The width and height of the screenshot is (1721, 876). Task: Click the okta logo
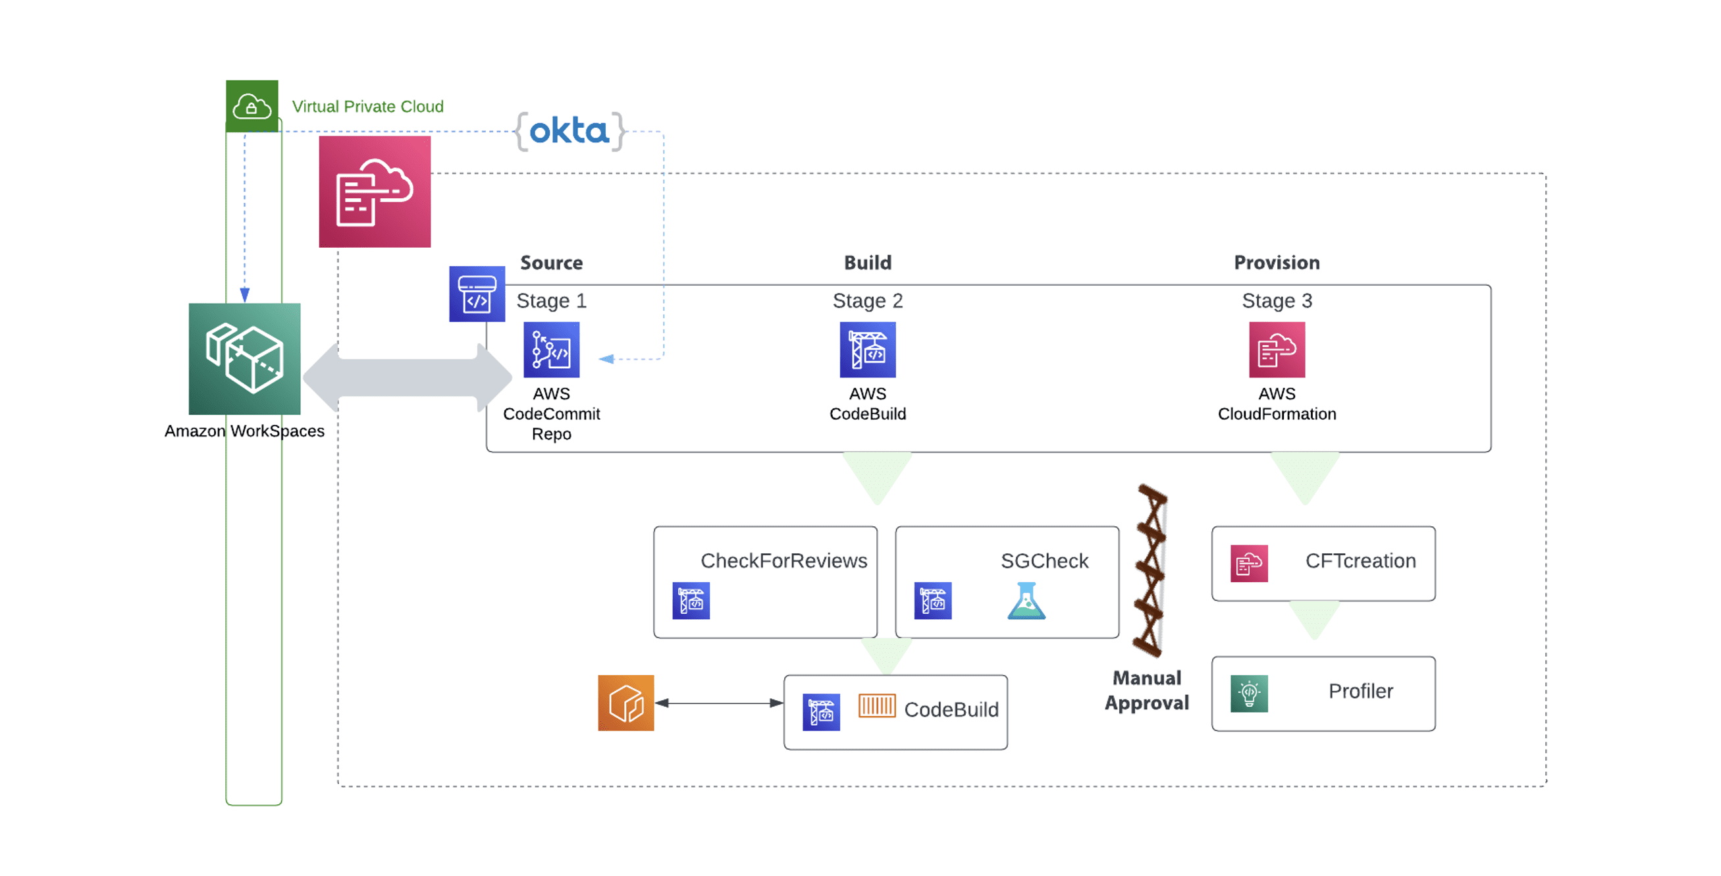click(x=569, y=131)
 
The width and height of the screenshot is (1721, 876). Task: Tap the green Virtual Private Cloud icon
click(x=252, y=106)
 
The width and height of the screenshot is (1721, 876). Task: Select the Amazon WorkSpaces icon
click(x=244, y=359)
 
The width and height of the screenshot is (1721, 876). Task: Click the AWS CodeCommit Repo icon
click(x=551, y=350)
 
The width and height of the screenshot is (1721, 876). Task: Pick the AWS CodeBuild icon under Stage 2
click(x=867, y=350)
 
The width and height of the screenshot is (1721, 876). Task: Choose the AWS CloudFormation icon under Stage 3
click(x=1276, y=350)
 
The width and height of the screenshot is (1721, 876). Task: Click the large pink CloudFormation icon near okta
click(x=375, y=192)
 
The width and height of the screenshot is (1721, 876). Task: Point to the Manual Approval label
click(x=1146, y=690)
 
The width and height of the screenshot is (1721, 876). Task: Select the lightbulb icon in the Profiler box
click(x=1249, y=694)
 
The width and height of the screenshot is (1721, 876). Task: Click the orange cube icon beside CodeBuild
click(x=625, y=702)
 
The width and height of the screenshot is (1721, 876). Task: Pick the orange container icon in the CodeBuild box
click(x=876, y=705)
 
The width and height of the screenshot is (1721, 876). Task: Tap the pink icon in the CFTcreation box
click(x=1249, y=563)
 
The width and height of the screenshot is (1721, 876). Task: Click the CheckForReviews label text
click(x=783, y=561)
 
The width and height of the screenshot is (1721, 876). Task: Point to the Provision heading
click(x=1276, y=263)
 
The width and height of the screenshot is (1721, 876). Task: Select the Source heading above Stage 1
click(x=551, y=263)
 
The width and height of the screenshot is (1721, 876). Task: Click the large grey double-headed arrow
click(x=407, y=377)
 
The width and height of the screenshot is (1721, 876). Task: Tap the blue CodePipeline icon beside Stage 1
click(x=477, y=294)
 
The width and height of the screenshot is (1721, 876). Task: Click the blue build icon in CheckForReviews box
click(x=691, y=600)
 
